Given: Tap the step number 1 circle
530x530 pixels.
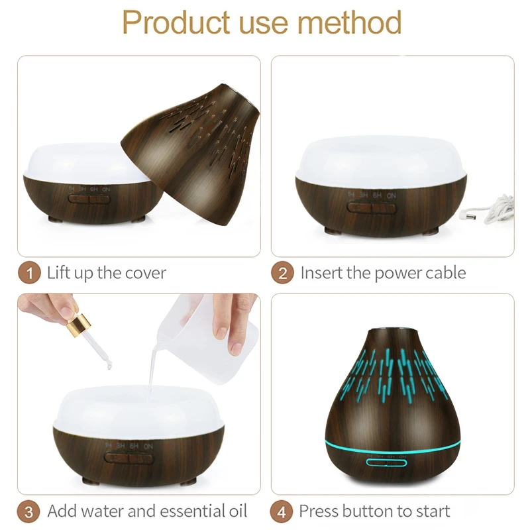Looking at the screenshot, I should [x=29, y=273].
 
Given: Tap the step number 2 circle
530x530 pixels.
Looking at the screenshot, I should [x=283, y=273].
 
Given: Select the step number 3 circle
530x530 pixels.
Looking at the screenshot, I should [x=29, y=511].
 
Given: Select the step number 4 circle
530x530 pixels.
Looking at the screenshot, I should [x=283, y=511].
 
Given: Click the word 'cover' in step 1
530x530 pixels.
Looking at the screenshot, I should [x=144, y=273].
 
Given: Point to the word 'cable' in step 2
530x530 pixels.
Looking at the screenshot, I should [x=442, y=273].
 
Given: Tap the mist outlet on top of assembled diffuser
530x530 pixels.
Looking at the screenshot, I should [x=386, y=327].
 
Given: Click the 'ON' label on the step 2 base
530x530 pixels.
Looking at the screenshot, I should [x=392, y=195].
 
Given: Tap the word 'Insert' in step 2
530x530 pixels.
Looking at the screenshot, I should [x=321, y=273].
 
